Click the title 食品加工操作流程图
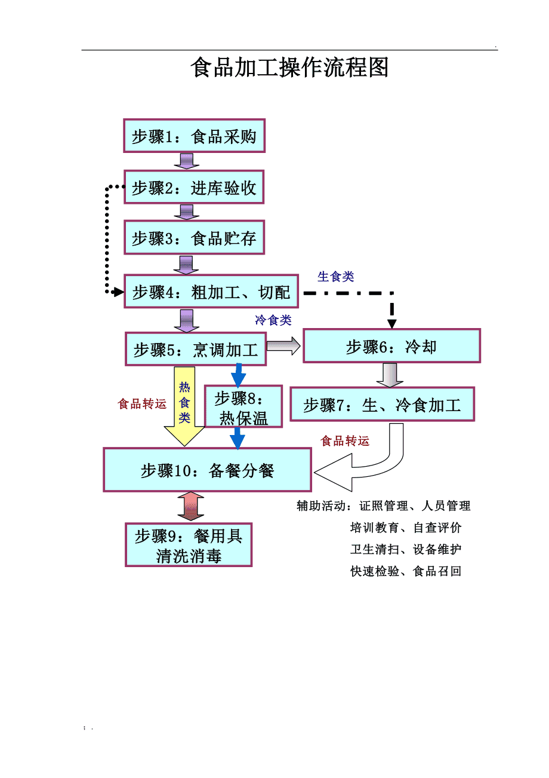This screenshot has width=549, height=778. (x=289, y=68)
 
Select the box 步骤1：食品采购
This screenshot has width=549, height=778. (x=194, y=136)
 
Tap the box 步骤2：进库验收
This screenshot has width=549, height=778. (x=194, y=188)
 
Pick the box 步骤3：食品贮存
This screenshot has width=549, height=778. (x=194, y=238)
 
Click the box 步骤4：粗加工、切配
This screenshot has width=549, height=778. (x=211, y=292)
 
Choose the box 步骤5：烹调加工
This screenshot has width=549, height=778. (x=196, y=349)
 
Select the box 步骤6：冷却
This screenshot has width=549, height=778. (x=391, y=346)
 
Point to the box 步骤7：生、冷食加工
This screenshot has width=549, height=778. (x=382, y=405)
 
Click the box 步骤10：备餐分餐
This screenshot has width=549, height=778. (x=207, y=470)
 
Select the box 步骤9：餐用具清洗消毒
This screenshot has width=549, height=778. (x=189, y=545)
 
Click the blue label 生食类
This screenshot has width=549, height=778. (x=336, y=276)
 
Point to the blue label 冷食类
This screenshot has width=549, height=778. (x=273, y=320)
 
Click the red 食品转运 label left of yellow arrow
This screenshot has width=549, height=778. (x=142, y=405)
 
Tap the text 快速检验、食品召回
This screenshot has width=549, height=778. (x=406, y=571)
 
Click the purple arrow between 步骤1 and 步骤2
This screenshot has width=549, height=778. (x=187, y=161)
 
